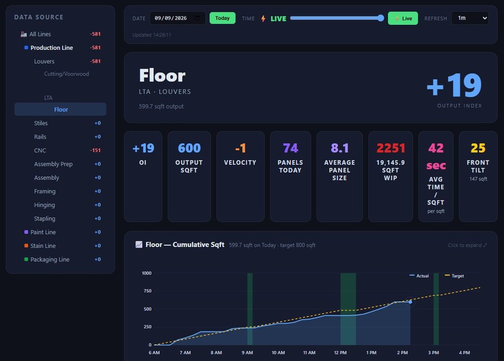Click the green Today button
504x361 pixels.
[223, 18]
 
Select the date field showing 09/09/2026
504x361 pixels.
[177, 18]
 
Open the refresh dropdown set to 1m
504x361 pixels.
[470, 18]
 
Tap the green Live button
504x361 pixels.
[403, 19]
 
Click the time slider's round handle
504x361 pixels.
[380, 18]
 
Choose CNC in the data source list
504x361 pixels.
[40, 150]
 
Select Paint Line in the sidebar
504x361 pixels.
[43, 232]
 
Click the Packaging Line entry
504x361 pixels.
[50, 259]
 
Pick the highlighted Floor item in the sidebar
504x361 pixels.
[60, 109]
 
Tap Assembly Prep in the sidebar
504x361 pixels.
[53, 164]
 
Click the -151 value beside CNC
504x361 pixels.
[96, 150]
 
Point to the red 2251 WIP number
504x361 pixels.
[390, 148]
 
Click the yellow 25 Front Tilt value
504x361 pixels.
[478, 148]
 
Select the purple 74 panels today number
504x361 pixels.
[290, 148]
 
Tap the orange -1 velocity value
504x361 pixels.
[241, 148]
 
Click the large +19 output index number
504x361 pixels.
[454, 85]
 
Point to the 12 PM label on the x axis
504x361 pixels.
[340, 352]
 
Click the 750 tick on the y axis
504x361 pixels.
[147, 291]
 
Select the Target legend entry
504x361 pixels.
[455, 276]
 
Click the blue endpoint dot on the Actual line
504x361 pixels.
[410, 302]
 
